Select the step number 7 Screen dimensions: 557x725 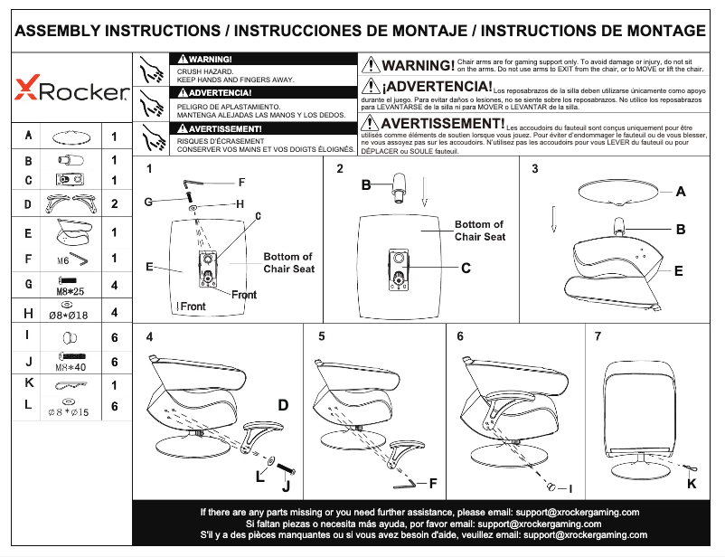[598, 336]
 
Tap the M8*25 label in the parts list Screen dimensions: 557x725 [71, 292]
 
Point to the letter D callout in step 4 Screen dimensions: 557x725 [283, 404]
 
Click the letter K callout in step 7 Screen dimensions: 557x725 [692, 484]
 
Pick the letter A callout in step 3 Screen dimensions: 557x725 [680, 192]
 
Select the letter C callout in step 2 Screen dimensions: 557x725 [466, 268]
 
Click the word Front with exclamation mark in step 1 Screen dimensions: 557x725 [191, 307]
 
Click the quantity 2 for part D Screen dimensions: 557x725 [114, 203]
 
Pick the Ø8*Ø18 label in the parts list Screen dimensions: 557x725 [68, 315]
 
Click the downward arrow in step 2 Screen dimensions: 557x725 [426, 191]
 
